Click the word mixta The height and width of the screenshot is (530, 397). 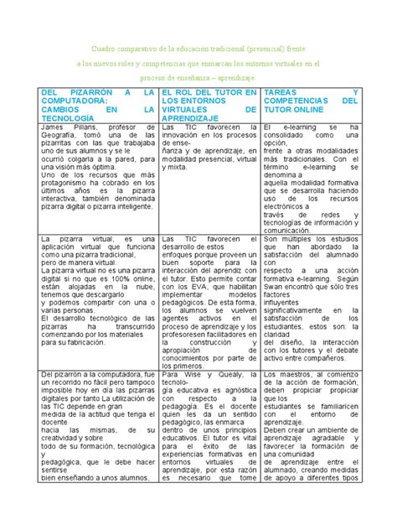[x=176, y=168]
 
